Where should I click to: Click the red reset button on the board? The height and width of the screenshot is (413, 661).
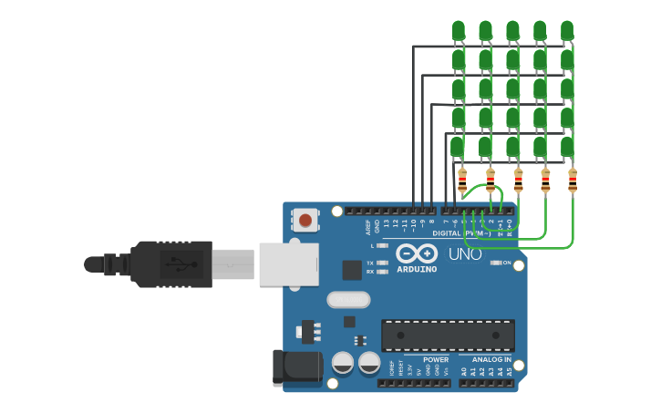click(x=305, y=220)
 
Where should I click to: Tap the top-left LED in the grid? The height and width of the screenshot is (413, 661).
click(x=458, y=31)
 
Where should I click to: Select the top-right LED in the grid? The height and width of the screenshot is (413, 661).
click(x=567, y=31)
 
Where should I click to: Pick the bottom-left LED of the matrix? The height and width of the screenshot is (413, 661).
click(x=458, y=145)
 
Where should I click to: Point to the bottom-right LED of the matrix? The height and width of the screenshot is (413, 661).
click(x=567, y=145)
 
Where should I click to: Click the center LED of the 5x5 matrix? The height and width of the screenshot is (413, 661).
click(x=512, y=88)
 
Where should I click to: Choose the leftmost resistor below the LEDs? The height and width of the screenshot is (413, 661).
click(x=462, y=181)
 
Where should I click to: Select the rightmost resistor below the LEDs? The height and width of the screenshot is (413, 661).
click(x=573, y=181)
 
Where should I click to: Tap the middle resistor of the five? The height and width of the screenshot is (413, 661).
click(x=518, y=181)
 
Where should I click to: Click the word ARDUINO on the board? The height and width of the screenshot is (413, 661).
click(x=417, y=269)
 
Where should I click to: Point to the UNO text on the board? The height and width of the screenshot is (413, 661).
click(x=465, y=254)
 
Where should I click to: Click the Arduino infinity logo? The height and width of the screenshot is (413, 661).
click(x=417, y=253)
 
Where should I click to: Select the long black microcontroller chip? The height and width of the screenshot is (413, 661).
click(x=448, y=335)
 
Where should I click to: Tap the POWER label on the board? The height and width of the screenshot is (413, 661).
click(x=436, y=359)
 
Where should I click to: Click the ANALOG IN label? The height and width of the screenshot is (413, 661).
click(x=491, y=359)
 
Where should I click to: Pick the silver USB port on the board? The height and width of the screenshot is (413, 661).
click(x=288, y=263)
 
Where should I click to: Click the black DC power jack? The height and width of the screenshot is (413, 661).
click(x=297, y=366)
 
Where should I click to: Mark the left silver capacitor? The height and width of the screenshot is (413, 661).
click(x=343, y=362)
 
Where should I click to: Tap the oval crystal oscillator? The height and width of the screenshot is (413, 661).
click(x=348, y=299)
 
